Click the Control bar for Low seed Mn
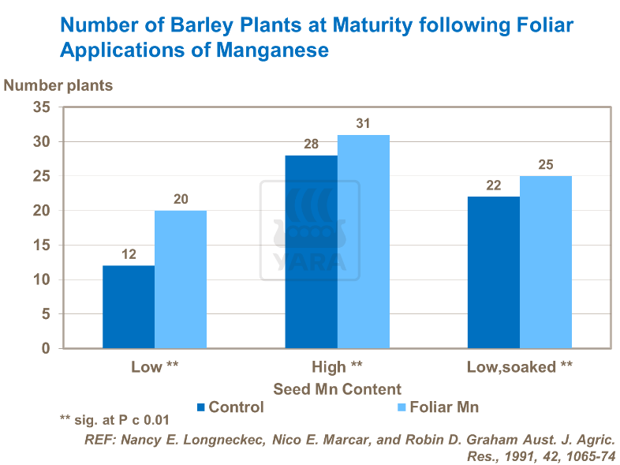click(129, 307)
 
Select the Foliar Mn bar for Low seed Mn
click(181, 279)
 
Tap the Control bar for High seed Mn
click(311, 252)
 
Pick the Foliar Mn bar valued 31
click(364, 242)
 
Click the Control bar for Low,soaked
click(494, 272)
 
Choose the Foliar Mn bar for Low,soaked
click(546, 262)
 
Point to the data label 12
click(129, 255)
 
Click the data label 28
click(311, 144)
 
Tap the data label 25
click(546, 165)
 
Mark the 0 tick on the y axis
click(47, 349)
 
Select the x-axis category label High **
click(337, 367)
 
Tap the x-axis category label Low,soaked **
click(519, 367)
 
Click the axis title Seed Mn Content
click(337, 389)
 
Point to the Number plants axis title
click(58, 85)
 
